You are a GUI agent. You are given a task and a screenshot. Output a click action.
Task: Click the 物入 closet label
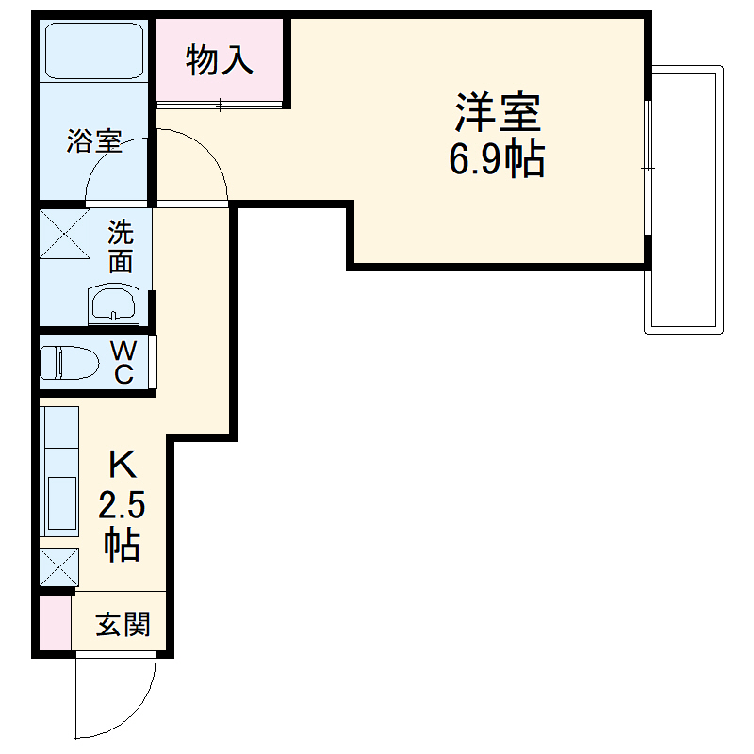click(220, 60)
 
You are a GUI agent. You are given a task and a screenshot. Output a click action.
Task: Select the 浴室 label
click(93, 142)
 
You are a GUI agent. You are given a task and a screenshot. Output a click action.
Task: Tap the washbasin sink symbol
click(114, 303)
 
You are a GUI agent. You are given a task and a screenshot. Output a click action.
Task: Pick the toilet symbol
click(70, 361)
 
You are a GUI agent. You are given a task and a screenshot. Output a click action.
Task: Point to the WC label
click(123, 362)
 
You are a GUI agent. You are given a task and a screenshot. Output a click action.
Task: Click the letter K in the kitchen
click(123, 465)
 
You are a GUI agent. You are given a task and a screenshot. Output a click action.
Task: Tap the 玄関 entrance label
click(123, 624)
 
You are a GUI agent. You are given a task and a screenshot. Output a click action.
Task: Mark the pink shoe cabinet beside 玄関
click(56, 622)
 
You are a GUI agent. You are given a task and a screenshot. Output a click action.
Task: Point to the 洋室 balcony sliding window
click(648, 168)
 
